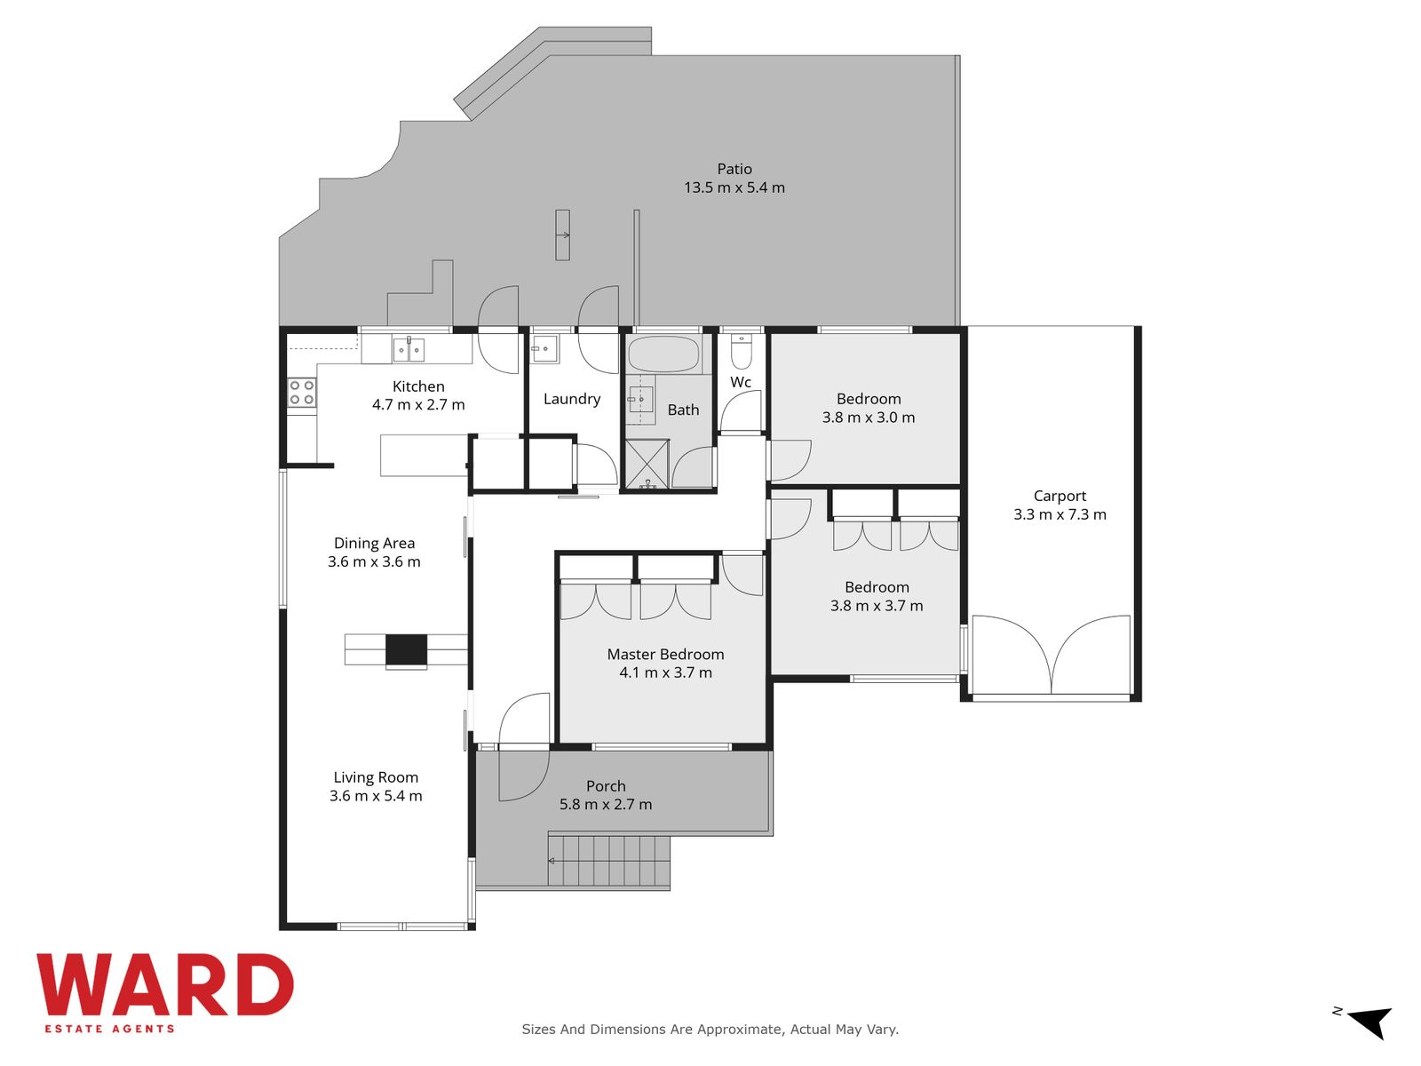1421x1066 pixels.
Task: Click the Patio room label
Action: (x=734, y=169)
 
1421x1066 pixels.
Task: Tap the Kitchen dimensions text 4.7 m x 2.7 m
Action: (x=418, y=404)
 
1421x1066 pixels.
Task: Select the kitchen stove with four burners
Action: (x=302, y=393)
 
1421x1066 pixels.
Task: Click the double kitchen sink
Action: (x=409, y=350)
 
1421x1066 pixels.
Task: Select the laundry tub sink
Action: (x=545, y=349)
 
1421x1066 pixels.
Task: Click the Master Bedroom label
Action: (x=665, y=655)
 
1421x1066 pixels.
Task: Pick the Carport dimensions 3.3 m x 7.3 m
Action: (x=1060, y=514)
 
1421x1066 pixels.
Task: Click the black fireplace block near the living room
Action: (x=407, y=650)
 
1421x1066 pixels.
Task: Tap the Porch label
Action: (x=606, y=786)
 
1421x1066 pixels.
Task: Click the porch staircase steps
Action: (x=609, y=861)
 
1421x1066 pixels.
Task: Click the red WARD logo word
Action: (x=165, y=985)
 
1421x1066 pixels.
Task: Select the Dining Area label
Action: (x=374, y=543)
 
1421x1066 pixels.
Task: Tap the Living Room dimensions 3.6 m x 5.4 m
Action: (x=376, y=795)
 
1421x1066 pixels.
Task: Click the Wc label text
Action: (x=741, y=382)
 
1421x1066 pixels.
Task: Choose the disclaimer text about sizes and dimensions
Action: (x=710, y=1029)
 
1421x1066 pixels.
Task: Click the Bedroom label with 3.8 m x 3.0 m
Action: (x=869, y=399)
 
